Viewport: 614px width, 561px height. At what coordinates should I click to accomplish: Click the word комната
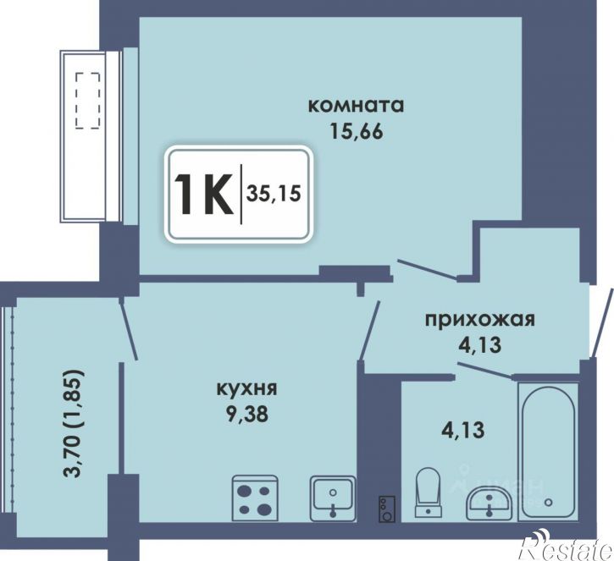[x=356, y=106]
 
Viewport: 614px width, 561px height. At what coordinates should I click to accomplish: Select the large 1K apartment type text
[x=203, y=194]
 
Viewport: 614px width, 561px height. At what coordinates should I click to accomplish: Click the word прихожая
[x=479, y=320]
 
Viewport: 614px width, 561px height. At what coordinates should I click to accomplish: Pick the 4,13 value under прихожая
[x=479, y=344]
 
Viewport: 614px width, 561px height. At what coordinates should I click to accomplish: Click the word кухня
[x=246, y=389]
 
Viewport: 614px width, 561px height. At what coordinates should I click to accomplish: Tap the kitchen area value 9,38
[x=246, y=414]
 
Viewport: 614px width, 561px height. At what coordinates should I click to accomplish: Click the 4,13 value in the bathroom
[x=463, y=429]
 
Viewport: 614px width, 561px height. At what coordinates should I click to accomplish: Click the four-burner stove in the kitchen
[x=255, y=498]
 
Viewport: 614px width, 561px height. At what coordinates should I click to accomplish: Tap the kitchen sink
[x=333, y=498]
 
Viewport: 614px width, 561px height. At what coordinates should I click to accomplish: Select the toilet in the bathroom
[x=428, y=492]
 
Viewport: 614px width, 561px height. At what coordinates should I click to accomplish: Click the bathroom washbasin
[x=489, y=503]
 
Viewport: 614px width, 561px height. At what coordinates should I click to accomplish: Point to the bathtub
[x=548, y=452]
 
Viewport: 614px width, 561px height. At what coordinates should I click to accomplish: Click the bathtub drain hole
[x=548, y=502]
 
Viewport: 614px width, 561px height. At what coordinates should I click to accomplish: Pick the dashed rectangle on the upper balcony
[x=88, y=101]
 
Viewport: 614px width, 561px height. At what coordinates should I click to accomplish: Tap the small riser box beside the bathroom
[x=387, y=509]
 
